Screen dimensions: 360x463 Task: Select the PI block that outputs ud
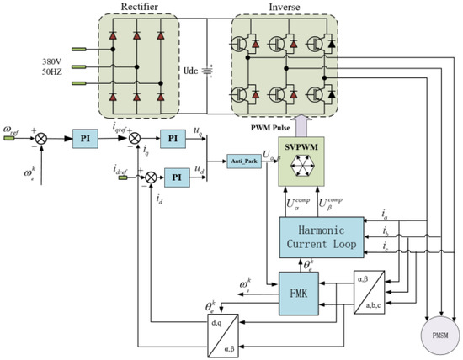[177, 177]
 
